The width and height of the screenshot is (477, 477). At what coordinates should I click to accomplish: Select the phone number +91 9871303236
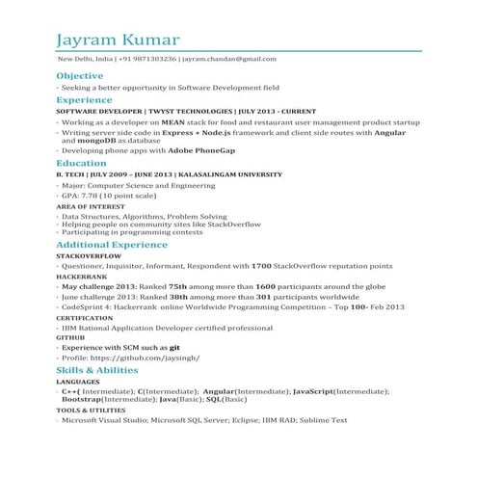tap(147, 60)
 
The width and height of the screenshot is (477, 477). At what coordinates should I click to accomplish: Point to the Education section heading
tap(81, 164)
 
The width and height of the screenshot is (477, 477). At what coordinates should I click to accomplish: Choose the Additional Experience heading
tap(112, 247)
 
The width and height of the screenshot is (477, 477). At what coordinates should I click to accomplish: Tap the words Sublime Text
tap(317, 421)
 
